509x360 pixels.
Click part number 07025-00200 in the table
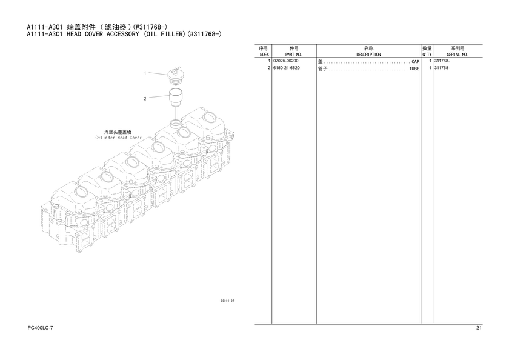pyautogui.click(x=285, y=61)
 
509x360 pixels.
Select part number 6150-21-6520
pyautogui.click(x=287, y=68)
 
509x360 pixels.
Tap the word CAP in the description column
pyautogui.click(x=415, y=61)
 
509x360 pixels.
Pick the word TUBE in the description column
pyautogui.click(x=414, y=69)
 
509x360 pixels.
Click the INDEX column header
pyautogui.click(x=263, y=55)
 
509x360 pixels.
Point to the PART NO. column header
pyautogui.click(x=294, y=55)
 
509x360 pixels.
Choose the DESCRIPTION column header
pyautogui.click(x=368, y=55)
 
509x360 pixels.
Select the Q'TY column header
pyautogui.click(x=427, y=55)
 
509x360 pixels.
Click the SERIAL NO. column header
pyautogui.click(x=457, y=55)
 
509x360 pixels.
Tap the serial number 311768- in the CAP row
pyautogui.click(x=442, y=61)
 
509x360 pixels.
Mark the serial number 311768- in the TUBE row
pyautogui.click(x=442, y=68)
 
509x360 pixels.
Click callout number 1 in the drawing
pyautogui.click(x=145, y=73)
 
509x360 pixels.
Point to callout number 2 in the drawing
pyautogui.click(x=145, y=98)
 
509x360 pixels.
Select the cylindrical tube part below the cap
pyautogui.click(x=176, y=98)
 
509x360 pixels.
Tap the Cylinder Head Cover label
pyautogui.click(x=119, y=138)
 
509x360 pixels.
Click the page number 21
pyautogui.click(x=479, y=328)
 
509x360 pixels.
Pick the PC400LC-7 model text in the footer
pyautogui.click(x=40, y=328)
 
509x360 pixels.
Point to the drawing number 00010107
pyautogui.click(x=227, y=301)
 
